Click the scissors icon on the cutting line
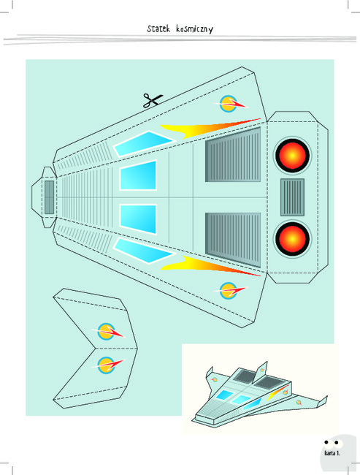pos(153,101)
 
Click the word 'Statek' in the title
pos(158,28)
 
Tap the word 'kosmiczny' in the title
pos(195,28)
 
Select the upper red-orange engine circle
pos(292,156)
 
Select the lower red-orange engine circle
pos(292,239)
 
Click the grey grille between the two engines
pos(292,197)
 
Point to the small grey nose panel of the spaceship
pos(50,197)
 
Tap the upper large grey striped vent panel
pos(233,156)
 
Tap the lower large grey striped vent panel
pos(233,239)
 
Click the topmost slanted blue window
pos(144,143)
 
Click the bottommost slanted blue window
pos(144,251)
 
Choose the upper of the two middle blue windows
pos(138,175)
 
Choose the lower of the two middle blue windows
pos(138,219)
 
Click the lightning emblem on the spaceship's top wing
pos(230,104)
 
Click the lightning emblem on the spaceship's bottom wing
pos(230,291)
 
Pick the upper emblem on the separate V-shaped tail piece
pos(107,332)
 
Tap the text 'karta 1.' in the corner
pos(332,453)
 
